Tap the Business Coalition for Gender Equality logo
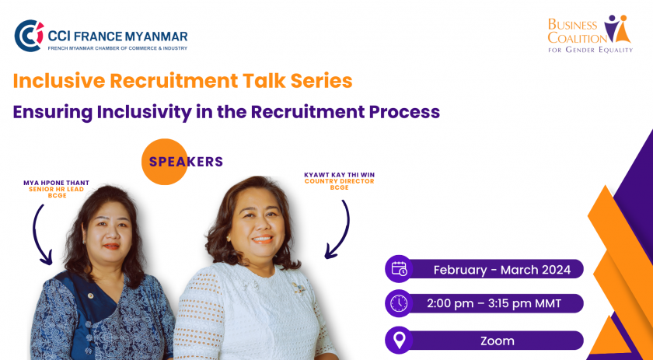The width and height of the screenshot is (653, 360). coord(590,33)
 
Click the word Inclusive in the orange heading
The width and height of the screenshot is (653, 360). coord(59,81)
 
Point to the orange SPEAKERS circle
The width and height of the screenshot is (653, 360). coord(165,162)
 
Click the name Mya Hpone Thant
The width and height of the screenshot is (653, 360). coord(56,183)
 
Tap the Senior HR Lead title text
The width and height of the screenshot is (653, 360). coord(56,189)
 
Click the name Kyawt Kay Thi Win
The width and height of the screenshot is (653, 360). coord(340,175)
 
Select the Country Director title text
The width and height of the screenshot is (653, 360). coord(340,181)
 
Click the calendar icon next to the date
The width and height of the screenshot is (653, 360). coord(399,269)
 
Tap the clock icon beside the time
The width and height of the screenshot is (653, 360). coord(399,303)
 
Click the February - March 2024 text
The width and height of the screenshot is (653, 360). coord(502,270)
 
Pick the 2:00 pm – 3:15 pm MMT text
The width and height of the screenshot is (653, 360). coord(494,303)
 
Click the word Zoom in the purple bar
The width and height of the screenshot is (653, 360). coord(498,341)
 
